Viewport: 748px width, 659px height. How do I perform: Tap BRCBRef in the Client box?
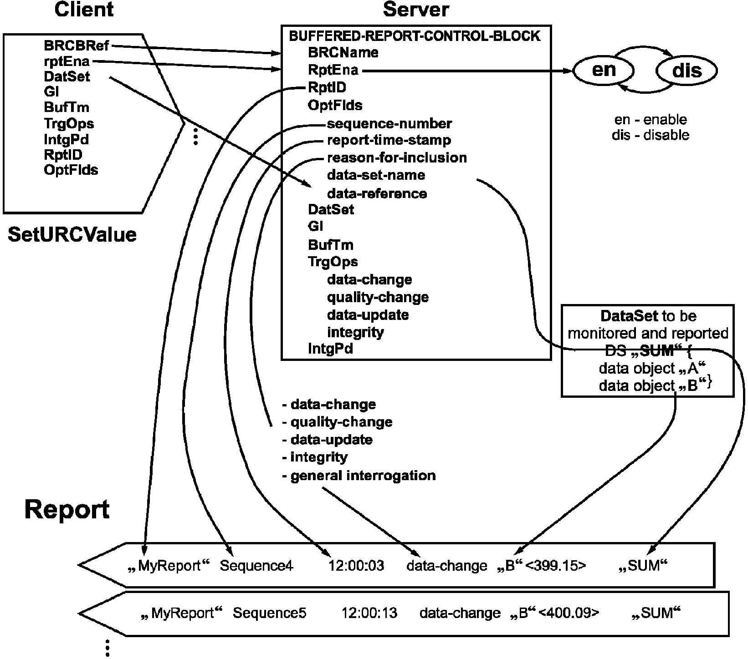point(77,46)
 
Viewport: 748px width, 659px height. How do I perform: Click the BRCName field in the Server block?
point(343,52)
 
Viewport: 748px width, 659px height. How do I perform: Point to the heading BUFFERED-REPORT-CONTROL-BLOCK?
point(415,35)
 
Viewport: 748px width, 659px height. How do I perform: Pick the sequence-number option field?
point(389,123)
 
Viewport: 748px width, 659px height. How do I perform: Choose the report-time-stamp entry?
point(389,140)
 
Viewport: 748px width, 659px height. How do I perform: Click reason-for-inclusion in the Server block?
point(397,157)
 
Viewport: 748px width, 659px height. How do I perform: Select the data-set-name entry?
point(376,175)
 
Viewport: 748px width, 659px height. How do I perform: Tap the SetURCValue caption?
point(72,235)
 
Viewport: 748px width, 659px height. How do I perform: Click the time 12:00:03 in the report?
point(356,566)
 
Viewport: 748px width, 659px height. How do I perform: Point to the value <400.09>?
point(569,613)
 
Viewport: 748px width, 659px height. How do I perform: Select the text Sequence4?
point(257,566)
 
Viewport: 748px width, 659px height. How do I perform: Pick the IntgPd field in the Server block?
point(331,349)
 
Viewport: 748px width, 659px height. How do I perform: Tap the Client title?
point(84,10)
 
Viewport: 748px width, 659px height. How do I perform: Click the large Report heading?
point(67,510)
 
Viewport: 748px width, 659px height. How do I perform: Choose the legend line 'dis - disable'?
point(650,135)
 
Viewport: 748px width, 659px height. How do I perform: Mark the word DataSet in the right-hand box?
point(629,316)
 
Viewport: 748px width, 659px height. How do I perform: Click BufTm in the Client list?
point(67,107)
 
